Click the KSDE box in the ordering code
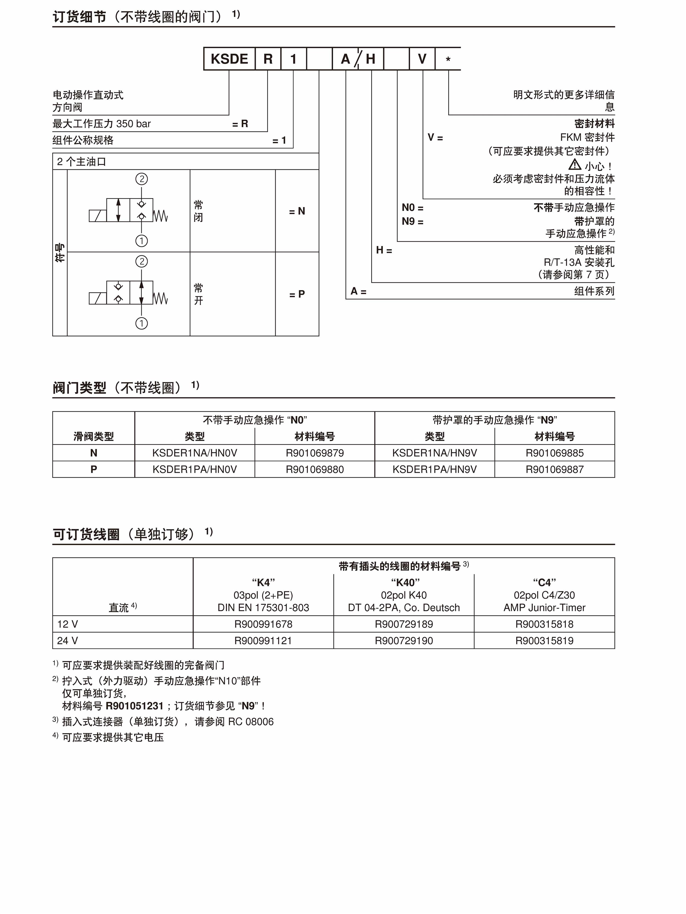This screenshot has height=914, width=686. click(x=229, y=59)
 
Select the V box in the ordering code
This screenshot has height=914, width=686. click(x=422, y=59)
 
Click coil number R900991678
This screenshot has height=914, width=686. click(x=263, y=624)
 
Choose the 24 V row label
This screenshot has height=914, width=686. click(x=67, y=641)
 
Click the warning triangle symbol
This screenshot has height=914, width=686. click(x=574, y=165)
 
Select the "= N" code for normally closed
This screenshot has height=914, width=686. click(x=297, y=211)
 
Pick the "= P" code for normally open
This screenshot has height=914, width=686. click(x=297, y=294)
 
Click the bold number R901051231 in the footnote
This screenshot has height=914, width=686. click(x=135, y=706)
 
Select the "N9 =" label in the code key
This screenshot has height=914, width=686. click(x=413, y=221)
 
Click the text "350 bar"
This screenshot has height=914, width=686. click(x=134, y=124)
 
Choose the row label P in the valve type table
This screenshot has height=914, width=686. click(x=94, y=469)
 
